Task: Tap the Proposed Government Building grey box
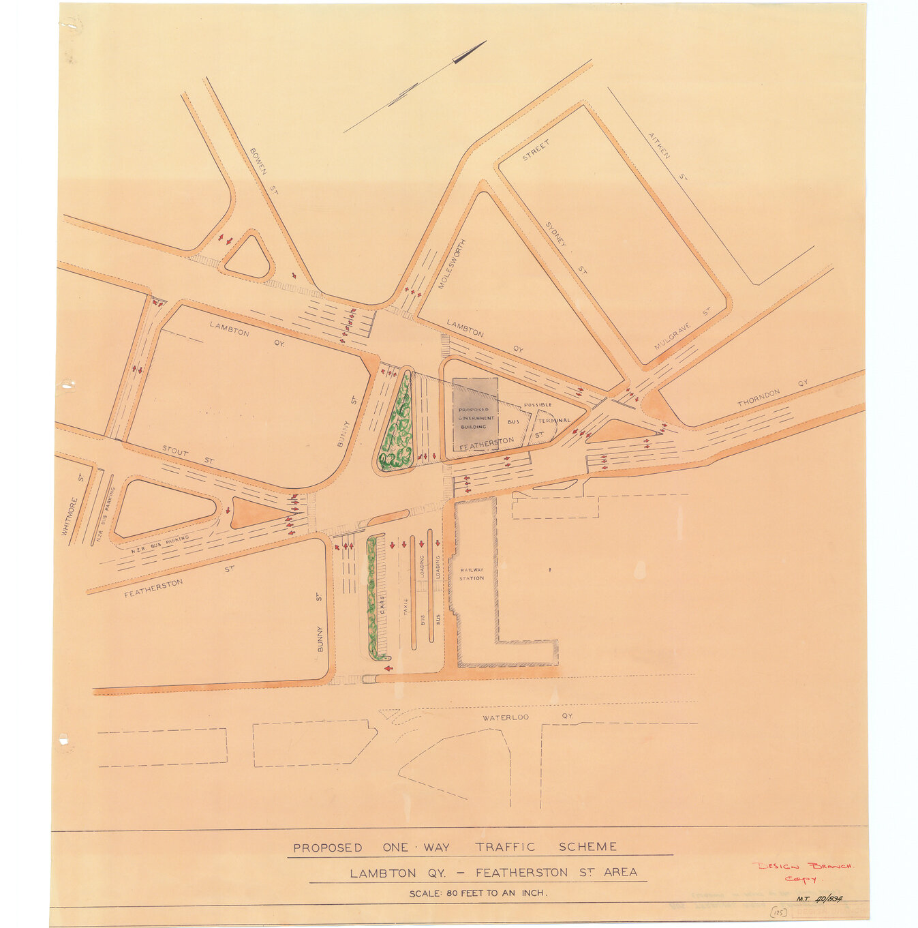click(x=475, y=413)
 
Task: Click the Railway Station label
click(x=472, y=574)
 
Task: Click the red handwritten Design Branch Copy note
click(x=802, y=871)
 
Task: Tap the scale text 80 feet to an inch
click(x=478, y=893)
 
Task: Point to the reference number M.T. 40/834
click(x=820, y=899)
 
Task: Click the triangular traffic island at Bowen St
click(x=248, y=258)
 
